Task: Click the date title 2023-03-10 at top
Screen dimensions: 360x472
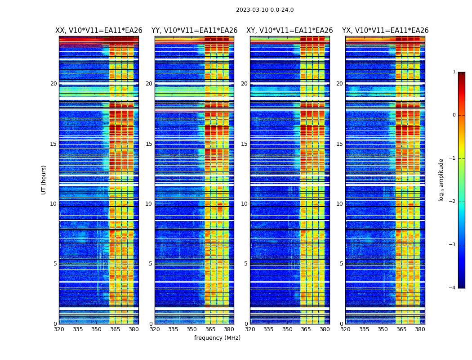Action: [265, 10]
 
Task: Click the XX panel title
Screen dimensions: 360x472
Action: [99, 31]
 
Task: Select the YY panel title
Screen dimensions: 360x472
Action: [194, 31]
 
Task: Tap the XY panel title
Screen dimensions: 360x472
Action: [289, 31]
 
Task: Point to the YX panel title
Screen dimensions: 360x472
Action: [385, 31]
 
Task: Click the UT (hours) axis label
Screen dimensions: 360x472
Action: [44, 180]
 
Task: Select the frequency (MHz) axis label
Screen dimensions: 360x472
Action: [217, 338]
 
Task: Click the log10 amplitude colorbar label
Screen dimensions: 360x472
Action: [441, 180]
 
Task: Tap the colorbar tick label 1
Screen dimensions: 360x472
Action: [454, 72]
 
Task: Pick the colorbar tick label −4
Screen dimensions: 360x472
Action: [453, 288]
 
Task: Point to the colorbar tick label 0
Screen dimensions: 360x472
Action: [454, 115]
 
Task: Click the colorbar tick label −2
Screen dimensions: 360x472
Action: [453, 202]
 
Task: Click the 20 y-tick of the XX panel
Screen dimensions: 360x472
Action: [53, 84]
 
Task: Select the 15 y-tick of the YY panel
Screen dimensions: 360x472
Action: [149, 144]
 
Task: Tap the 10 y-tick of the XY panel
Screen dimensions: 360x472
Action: [244, 204]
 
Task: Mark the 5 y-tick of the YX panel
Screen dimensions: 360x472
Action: [341, 264]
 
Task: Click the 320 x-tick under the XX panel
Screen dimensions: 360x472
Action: [59, 329]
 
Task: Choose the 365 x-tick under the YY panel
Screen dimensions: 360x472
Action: [210, 329]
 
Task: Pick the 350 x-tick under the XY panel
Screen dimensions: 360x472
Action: [287, 329]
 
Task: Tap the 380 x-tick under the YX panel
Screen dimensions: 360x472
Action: [420, 329]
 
